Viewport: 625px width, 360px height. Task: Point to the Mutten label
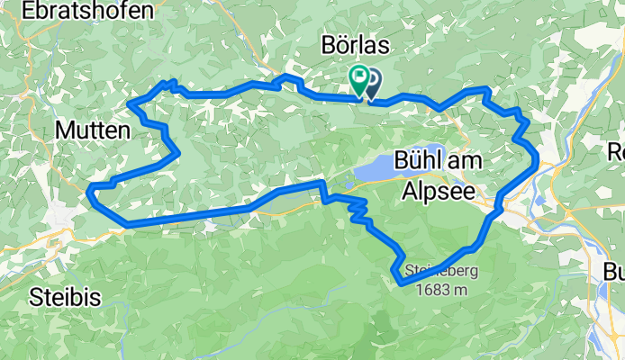tap(93, 130)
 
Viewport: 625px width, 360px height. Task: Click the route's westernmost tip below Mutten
tap(89, 189)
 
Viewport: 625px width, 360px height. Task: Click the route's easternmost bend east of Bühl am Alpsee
tap(537, 159)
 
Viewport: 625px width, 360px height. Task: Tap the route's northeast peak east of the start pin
tap(486, 89)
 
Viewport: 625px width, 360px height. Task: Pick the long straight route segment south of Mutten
tap(189, 215)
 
